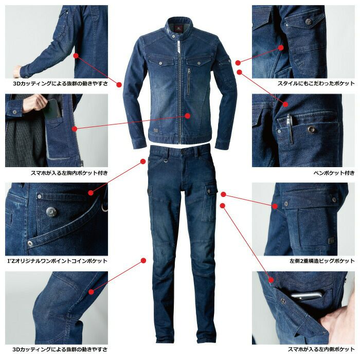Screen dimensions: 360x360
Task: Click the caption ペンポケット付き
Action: (334, 173)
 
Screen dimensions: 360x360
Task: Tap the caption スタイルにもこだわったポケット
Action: (316, 83)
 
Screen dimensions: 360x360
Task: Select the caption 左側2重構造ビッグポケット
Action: (322, 261)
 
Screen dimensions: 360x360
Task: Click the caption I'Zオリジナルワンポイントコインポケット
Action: (58, 261)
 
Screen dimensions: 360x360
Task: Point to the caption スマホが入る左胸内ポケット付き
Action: (69, 173)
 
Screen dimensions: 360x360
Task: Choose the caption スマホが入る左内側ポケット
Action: (321, 349)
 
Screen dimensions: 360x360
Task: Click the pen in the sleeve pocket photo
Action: (290, 129)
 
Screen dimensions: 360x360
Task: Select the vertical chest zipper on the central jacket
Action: (189, 81)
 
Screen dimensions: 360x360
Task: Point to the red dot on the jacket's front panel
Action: (188, 116)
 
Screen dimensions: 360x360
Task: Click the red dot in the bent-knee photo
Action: (92, 292)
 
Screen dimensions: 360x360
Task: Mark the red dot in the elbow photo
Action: (76, 56)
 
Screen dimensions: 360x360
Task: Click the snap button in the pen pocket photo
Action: (311, 129)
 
